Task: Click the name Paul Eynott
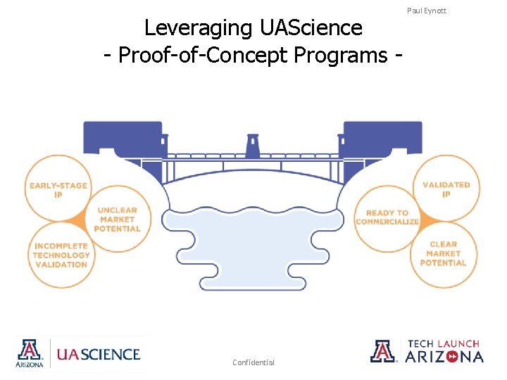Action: pos(427,11)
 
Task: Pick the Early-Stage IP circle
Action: pos(58,189)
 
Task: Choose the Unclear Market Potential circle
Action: pos(118,219)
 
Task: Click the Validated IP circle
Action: pos(446,189)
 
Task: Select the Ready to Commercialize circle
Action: pos(387,217)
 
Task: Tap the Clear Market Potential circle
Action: pos(443,253)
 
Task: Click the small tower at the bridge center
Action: pos(252,146)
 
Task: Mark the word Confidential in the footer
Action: pos(254,362)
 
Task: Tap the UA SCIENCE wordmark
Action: pos(98,354)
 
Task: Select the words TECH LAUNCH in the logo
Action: pos(444,343)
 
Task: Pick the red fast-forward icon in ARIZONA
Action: pos(451,357)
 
